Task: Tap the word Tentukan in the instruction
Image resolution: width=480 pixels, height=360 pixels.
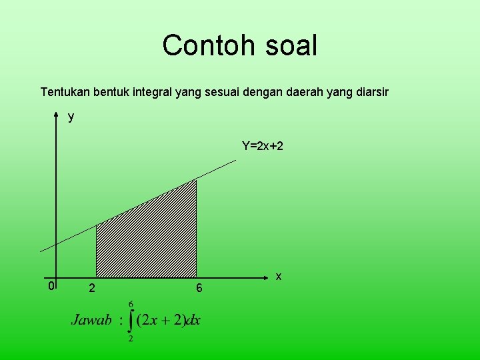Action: (x=64, y=91)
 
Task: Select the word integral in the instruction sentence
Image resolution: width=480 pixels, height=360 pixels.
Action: (x=152, y=91)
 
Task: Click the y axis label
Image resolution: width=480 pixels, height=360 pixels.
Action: (x=71, y=117)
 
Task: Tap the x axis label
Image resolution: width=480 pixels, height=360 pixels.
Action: (x=279, y=276)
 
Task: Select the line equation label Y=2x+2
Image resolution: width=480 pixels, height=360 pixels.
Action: (x=262, y=145)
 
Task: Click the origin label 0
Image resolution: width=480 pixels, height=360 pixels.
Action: (x=51, y=287)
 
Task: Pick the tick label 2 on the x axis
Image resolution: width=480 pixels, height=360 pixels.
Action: (x=91, y=289)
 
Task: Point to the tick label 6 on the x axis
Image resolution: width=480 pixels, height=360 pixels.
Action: (x=199, y=289)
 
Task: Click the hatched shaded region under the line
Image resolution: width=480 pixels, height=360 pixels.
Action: (x=147, y=240)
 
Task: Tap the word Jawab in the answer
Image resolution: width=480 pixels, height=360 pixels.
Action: (x=91, y=320)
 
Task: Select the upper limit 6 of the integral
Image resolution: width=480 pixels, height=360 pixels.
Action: (x=131, y=303)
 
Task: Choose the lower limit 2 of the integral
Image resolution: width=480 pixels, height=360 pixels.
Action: (x=130, y=339)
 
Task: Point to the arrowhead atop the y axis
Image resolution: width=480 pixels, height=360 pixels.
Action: (x=56, y=115)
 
